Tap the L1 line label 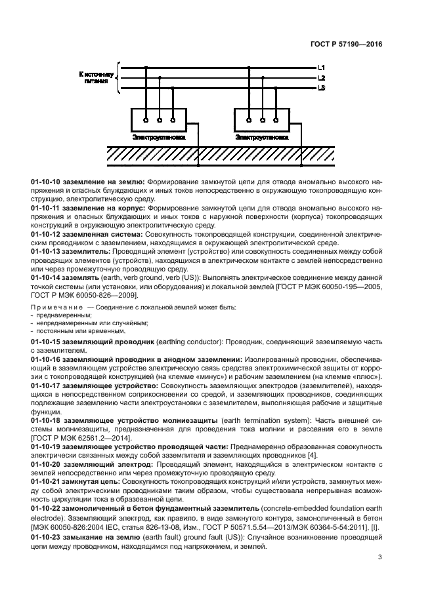[321, 68]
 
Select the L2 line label [321, 77]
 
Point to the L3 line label [321, 87]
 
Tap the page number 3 [380, 557]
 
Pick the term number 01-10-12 [45, 233]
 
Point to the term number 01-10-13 [45, 250]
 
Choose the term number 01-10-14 [45, 277]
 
